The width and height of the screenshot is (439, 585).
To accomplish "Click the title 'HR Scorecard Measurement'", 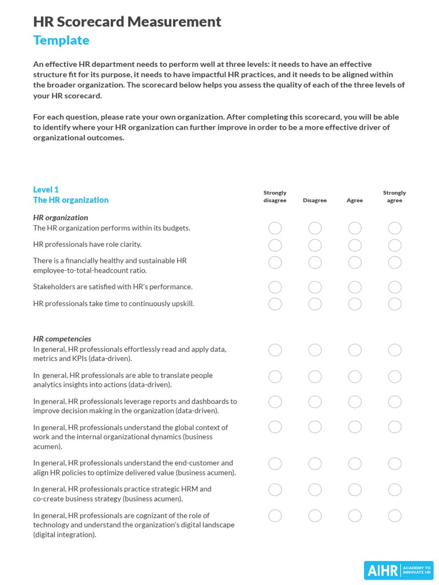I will (x=127, y=22).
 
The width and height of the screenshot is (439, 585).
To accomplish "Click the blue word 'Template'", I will (x=61, y=41).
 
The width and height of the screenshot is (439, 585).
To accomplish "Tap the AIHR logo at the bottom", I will (x=398, y=570).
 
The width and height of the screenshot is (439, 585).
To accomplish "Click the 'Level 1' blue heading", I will (x=46, y=190).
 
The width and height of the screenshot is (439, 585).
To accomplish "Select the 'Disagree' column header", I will (x=314, y=201).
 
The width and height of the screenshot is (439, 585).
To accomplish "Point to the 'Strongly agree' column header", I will (x=394, y=197).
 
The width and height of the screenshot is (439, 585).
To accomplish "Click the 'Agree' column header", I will (x=354, y=201).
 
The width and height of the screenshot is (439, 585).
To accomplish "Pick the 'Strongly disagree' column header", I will (x=275, y=197).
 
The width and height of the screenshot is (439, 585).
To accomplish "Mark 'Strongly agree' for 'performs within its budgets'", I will (x=394, y=229).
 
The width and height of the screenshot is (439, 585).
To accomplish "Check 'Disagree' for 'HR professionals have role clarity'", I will (x=315, y=245).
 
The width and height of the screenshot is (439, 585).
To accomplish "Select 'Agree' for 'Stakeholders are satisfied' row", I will (x=355, y=287).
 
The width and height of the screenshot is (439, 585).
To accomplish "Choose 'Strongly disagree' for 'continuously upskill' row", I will (x=275, y=304).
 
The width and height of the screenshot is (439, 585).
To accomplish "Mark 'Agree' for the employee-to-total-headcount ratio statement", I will (x=355, y=262).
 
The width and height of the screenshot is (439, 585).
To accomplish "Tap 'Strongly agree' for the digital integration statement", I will (x=394, y=516).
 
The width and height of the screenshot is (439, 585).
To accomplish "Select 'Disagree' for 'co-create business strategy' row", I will (x=315, y=490).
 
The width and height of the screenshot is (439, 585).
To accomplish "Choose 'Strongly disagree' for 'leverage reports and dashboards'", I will (x=275, y=402).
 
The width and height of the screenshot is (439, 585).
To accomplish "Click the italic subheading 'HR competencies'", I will (x=62, y=339).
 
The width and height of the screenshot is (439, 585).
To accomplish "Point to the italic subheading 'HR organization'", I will (x=61, y=218).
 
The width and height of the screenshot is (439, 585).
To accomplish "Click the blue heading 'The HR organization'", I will (x=71, y=200).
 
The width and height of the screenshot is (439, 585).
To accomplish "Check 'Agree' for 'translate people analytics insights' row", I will (x=355, y=376).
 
